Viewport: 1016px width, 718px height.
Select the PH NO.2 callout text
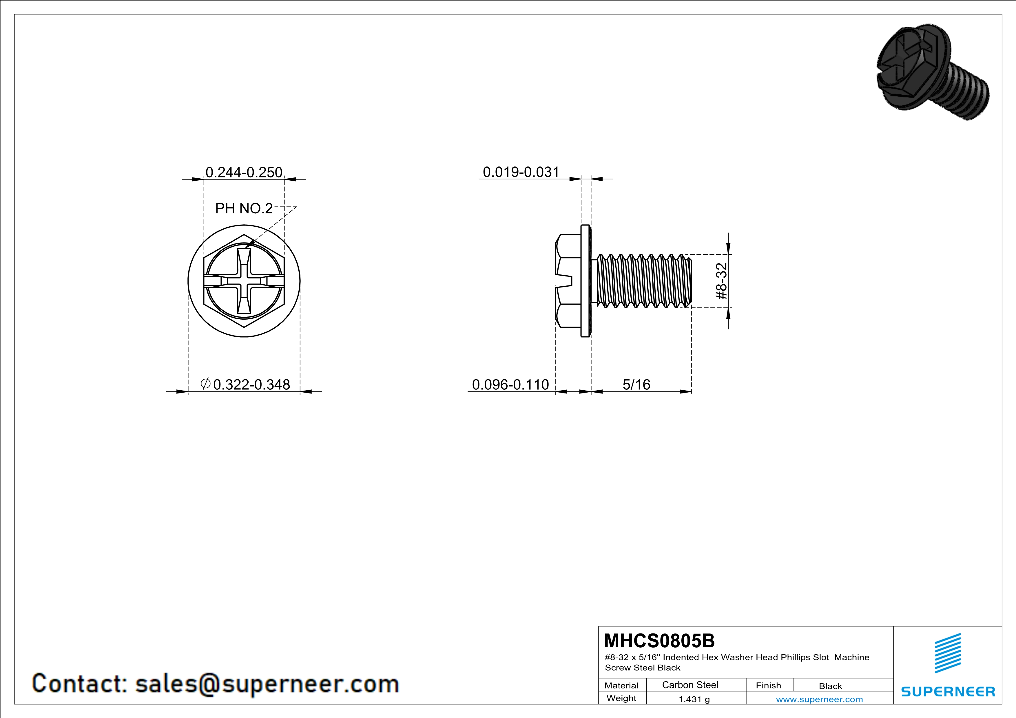[244, 208]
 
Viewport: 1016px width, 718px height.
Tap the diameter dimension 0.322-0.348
[246, 384]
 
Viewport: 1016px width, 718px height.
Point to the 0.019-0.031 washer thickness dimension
[521, 172]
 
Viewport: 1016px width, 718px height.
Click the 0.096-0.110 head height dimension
[510, 384]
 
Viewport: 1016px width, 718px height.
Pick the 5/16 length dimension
[636, 384]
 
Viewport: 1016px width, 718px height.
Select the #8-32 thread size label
[721, 281]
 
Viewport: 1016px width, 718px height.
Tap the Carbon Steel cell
[690, 685]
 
